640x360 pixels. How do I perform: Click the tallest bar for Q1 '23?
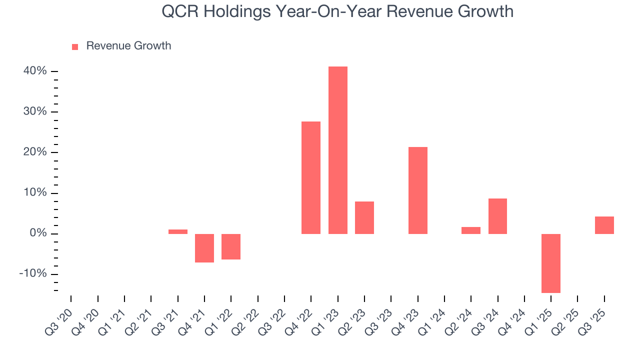(337, 150)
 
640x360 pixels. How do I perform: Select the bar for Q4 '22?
(311, 177)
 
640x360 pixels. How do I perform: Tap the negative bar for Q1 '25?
(551, 263)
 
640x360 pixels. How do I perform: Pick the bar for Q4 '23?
(417, 190)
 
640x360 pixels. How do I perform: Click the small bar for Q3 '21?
(177, 231)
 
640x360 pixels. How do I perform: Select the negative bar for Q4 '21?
(204, 248)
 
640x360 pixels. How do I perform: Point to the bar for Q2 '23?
(364, 217)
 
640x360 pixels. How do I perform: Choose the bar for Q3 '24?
(497, 216)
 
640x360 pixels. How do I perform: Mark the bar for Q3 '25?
(604, 225)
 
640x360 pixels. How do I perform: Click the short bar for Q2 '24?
(471, 230)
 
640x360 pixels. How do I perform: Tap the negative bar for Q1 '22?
(231, 246)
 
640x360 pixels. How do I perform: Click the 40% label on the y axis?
(35, 71)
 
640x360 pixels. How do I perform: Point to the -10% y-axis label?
(33, 274)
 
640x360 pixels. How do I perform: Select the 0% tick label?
(38, 233)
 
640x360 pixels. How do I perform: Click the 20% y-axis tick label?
(35, 152)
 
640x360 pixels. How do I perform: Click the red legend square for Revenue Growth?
(75, 46)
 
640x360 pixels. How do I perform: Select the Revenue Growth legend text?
(128, 46)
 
